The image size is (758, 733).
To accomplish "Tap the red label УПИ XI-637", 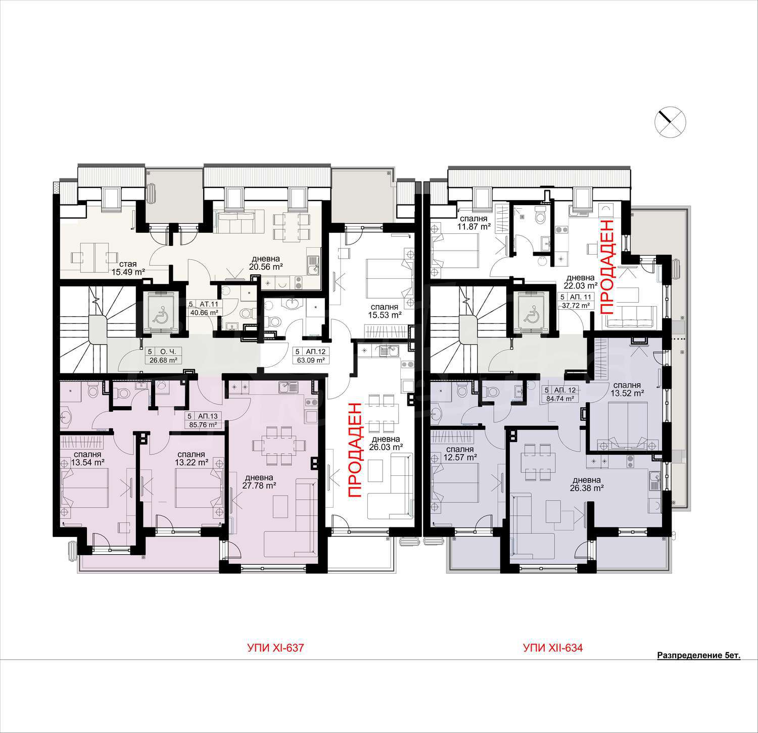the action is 275,648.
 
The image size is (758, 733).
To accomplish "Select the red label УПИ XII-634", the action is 553,648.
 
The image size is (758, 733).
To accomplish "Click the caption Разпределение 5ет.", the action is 698,656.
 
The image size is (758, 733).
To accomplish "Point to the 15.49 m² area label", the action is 128,272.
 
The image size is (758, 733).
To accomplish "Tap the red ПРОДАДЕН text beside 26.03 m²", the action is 355,450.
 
